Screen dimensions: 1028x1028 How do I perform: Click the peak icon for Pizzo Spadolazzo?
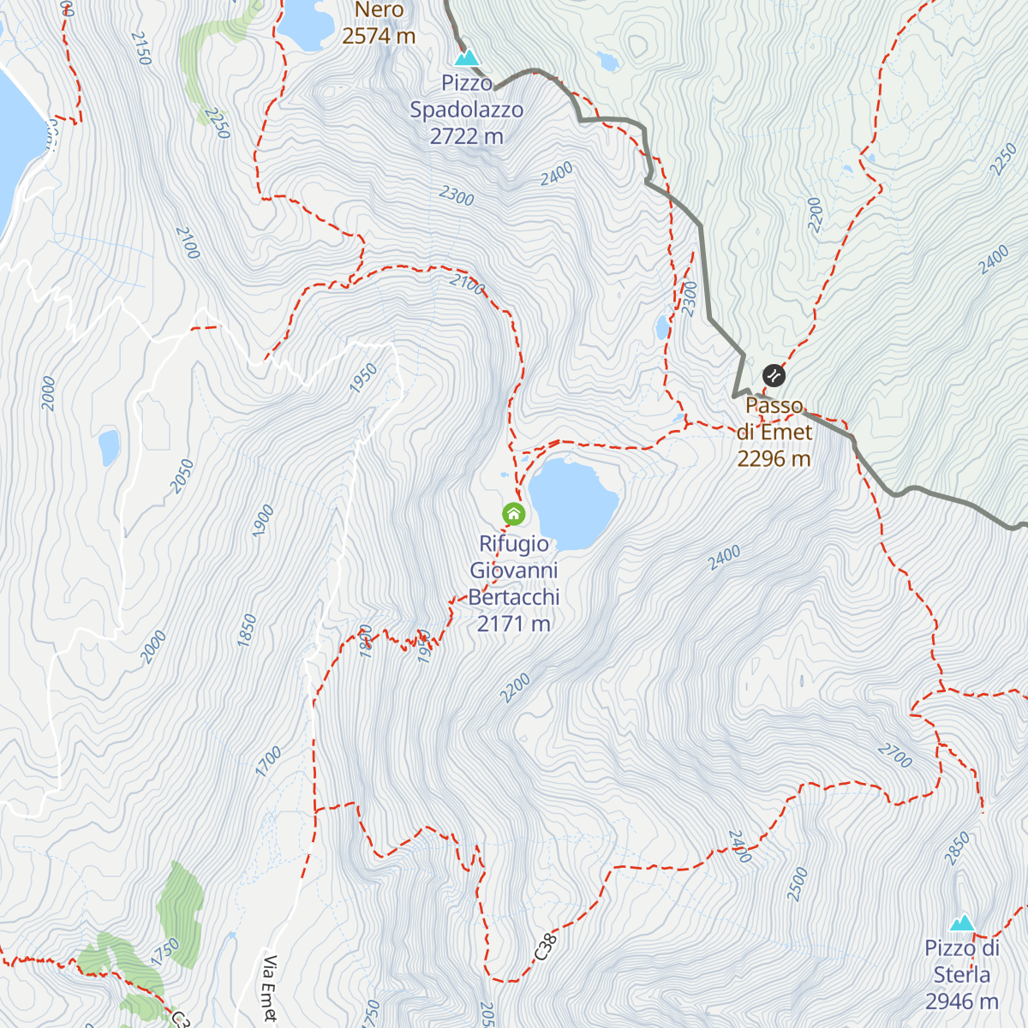(x=467, y=58)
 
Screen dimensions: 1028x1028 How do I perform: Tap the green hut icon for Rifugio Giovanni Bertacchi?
(x=513, y=514)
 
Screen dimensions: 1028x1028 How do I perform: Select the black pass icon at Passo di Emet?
(x=774, y=375)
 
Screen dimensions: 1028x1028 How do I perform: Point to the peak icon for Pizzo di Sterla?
(x=962, y=923)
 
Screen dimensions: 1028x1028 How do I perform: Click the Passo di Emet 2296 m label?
(x=774, y=432)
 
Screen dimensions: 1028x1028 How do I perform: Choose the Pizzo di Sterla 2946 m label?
(x=962, y=975)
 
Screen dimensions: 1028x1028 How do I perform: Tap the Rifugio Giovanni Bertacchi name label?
(x=514, y=583)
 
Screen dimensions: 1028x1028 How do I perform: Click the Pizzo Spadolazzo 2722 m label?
(x=467, y=110)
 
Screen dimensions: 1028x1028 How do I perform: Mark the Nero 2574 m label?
(x=379, y=23)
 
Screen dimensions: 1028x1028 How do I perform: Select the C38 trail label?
(x=546, y=947)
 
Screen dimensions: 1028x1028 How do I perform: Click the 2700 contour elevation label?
(x=894, y=756)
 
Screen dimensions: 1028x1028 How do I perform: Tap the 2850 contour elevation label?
(x=958, y=848)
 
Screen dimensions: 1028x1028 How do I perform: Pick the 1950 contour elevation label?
(x=364, y=378)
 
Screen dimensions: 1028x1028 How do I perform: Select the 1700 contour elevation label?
(x=269, y=761)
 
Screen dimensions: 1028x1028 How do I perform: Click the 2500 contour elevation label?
(x=798, y=884)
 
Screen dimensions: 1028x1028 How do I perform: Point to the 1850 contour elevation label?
(x=248, y=630)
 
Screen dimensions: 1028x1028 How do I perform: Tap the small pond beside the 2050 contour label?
(x=109, y=446)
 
